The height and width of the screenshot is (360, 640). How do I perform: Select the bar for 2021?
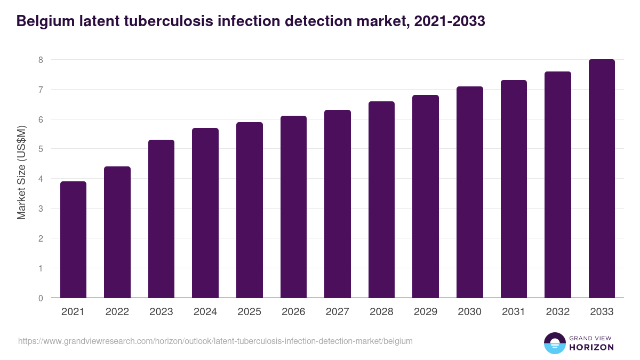73,239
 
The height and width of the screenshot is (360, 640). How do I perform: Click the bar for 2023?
161,219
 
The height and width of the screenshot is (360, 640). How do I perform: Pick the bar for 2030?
470,192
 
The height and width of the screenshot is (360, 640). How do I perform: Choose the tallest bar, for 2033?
602,179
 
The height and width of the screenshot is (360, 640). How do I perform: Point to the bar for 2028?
381,199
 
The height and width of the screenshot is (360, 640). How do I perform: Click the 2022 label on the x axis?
117,312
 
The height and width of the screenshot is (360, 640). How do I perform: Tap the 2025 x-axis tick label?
249,312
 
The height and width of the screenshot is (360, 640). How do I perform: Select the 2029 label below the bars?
426,312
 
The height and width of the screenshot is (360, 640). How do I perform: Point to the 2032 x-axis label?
558,312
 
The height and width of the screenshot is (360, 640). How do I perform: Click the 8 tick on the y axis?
41,60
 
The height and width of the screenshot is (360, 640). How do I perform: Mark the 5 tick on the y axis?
41,149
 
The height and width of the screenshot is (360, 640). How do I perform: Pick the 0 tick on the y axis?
41,298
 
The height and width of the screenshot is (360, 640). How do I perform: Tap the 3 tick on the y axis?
41,209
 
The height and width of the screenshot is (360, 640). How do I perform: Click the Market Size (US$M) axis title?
22,172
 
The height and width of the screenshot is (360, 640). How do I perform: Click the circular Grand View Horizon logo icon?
555,343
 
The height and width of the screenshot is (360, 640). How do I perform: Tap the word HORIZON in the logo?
592,347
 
